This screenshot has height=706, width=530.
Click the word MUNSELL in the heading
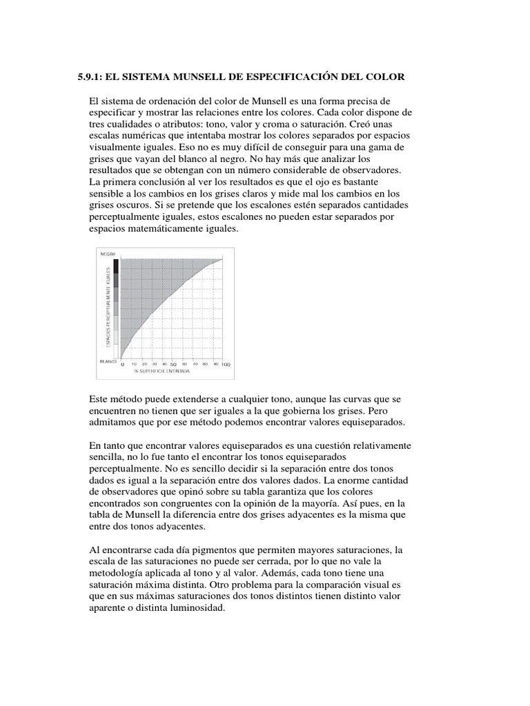(182, 78)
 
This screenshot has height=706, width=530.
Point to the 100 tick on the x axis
(226, 364)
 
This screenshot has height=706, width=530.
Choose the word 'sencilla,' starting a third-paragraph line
(110, 458)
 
